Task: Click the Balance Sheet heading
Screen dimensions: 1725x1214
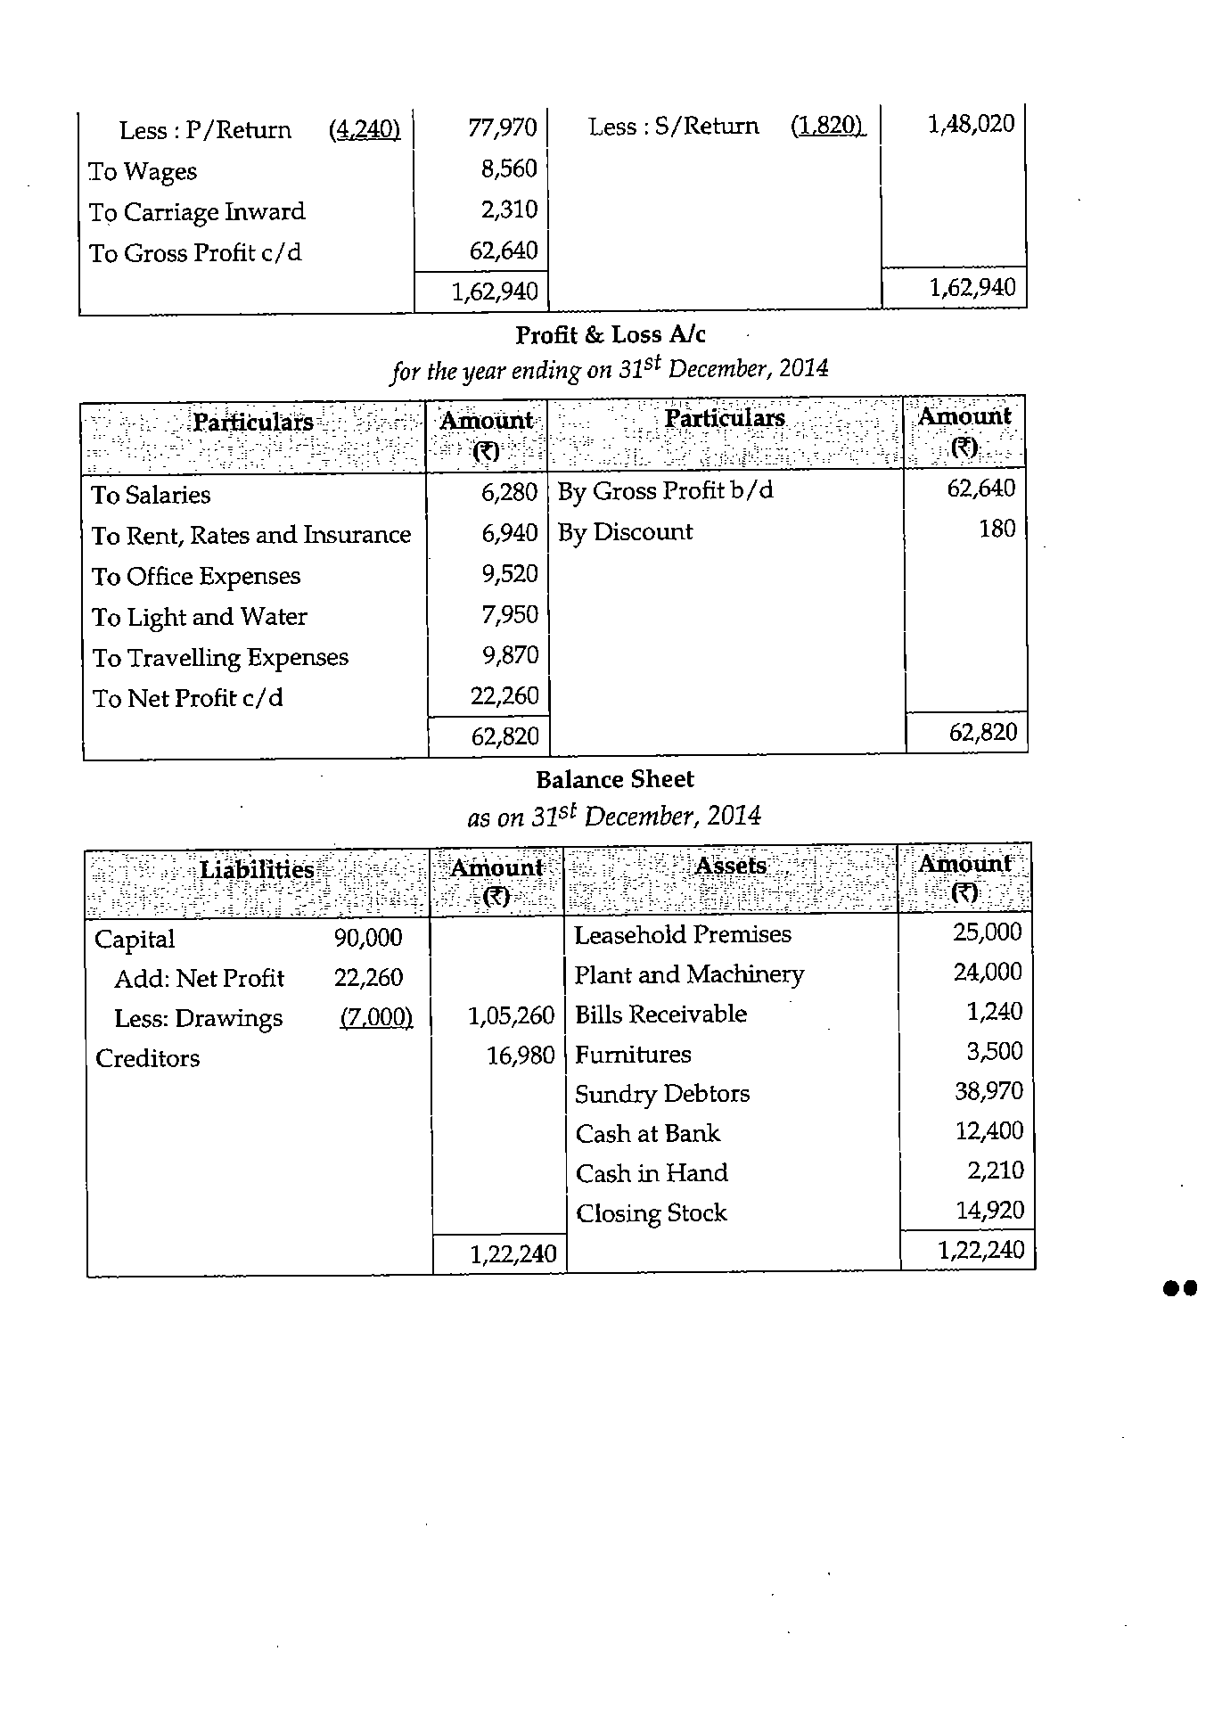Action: pos(614,780)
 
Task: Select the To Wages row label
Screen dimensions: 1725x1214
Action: pos(143,171)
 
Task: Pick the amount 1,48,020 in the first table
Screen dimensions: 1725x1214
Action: pos(972,124)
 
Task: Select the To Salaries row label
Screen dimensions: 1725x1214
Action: pos(152,495)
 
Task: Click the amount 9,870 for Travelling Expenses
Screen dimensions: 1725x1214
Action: pos(511,655)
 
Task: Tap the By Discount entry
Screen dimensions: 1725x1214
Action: pos(625,532)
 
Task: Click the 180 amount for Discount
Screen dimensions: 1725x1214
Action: pos(997,530)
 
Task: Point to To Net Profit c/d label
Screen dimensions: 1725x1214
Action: pos(187,698)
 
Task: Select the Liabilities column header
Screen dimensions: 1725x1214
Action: pos(257,869)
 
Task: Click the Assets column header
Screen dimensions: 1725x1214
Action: pos(730,866)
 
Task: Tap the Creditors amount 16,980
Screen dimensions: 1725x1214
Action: pos(520,1056)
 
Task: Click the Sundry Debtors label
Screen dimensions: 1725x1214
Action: pos(662,1094)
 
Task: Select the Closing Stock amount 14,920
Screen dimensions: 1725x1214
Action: pos(989,1211)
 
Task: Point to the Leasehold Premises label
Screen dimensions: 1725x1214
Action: pos(682,934)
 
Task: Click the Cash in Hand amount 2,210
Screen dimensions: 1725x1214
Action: pos(996,1171)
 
